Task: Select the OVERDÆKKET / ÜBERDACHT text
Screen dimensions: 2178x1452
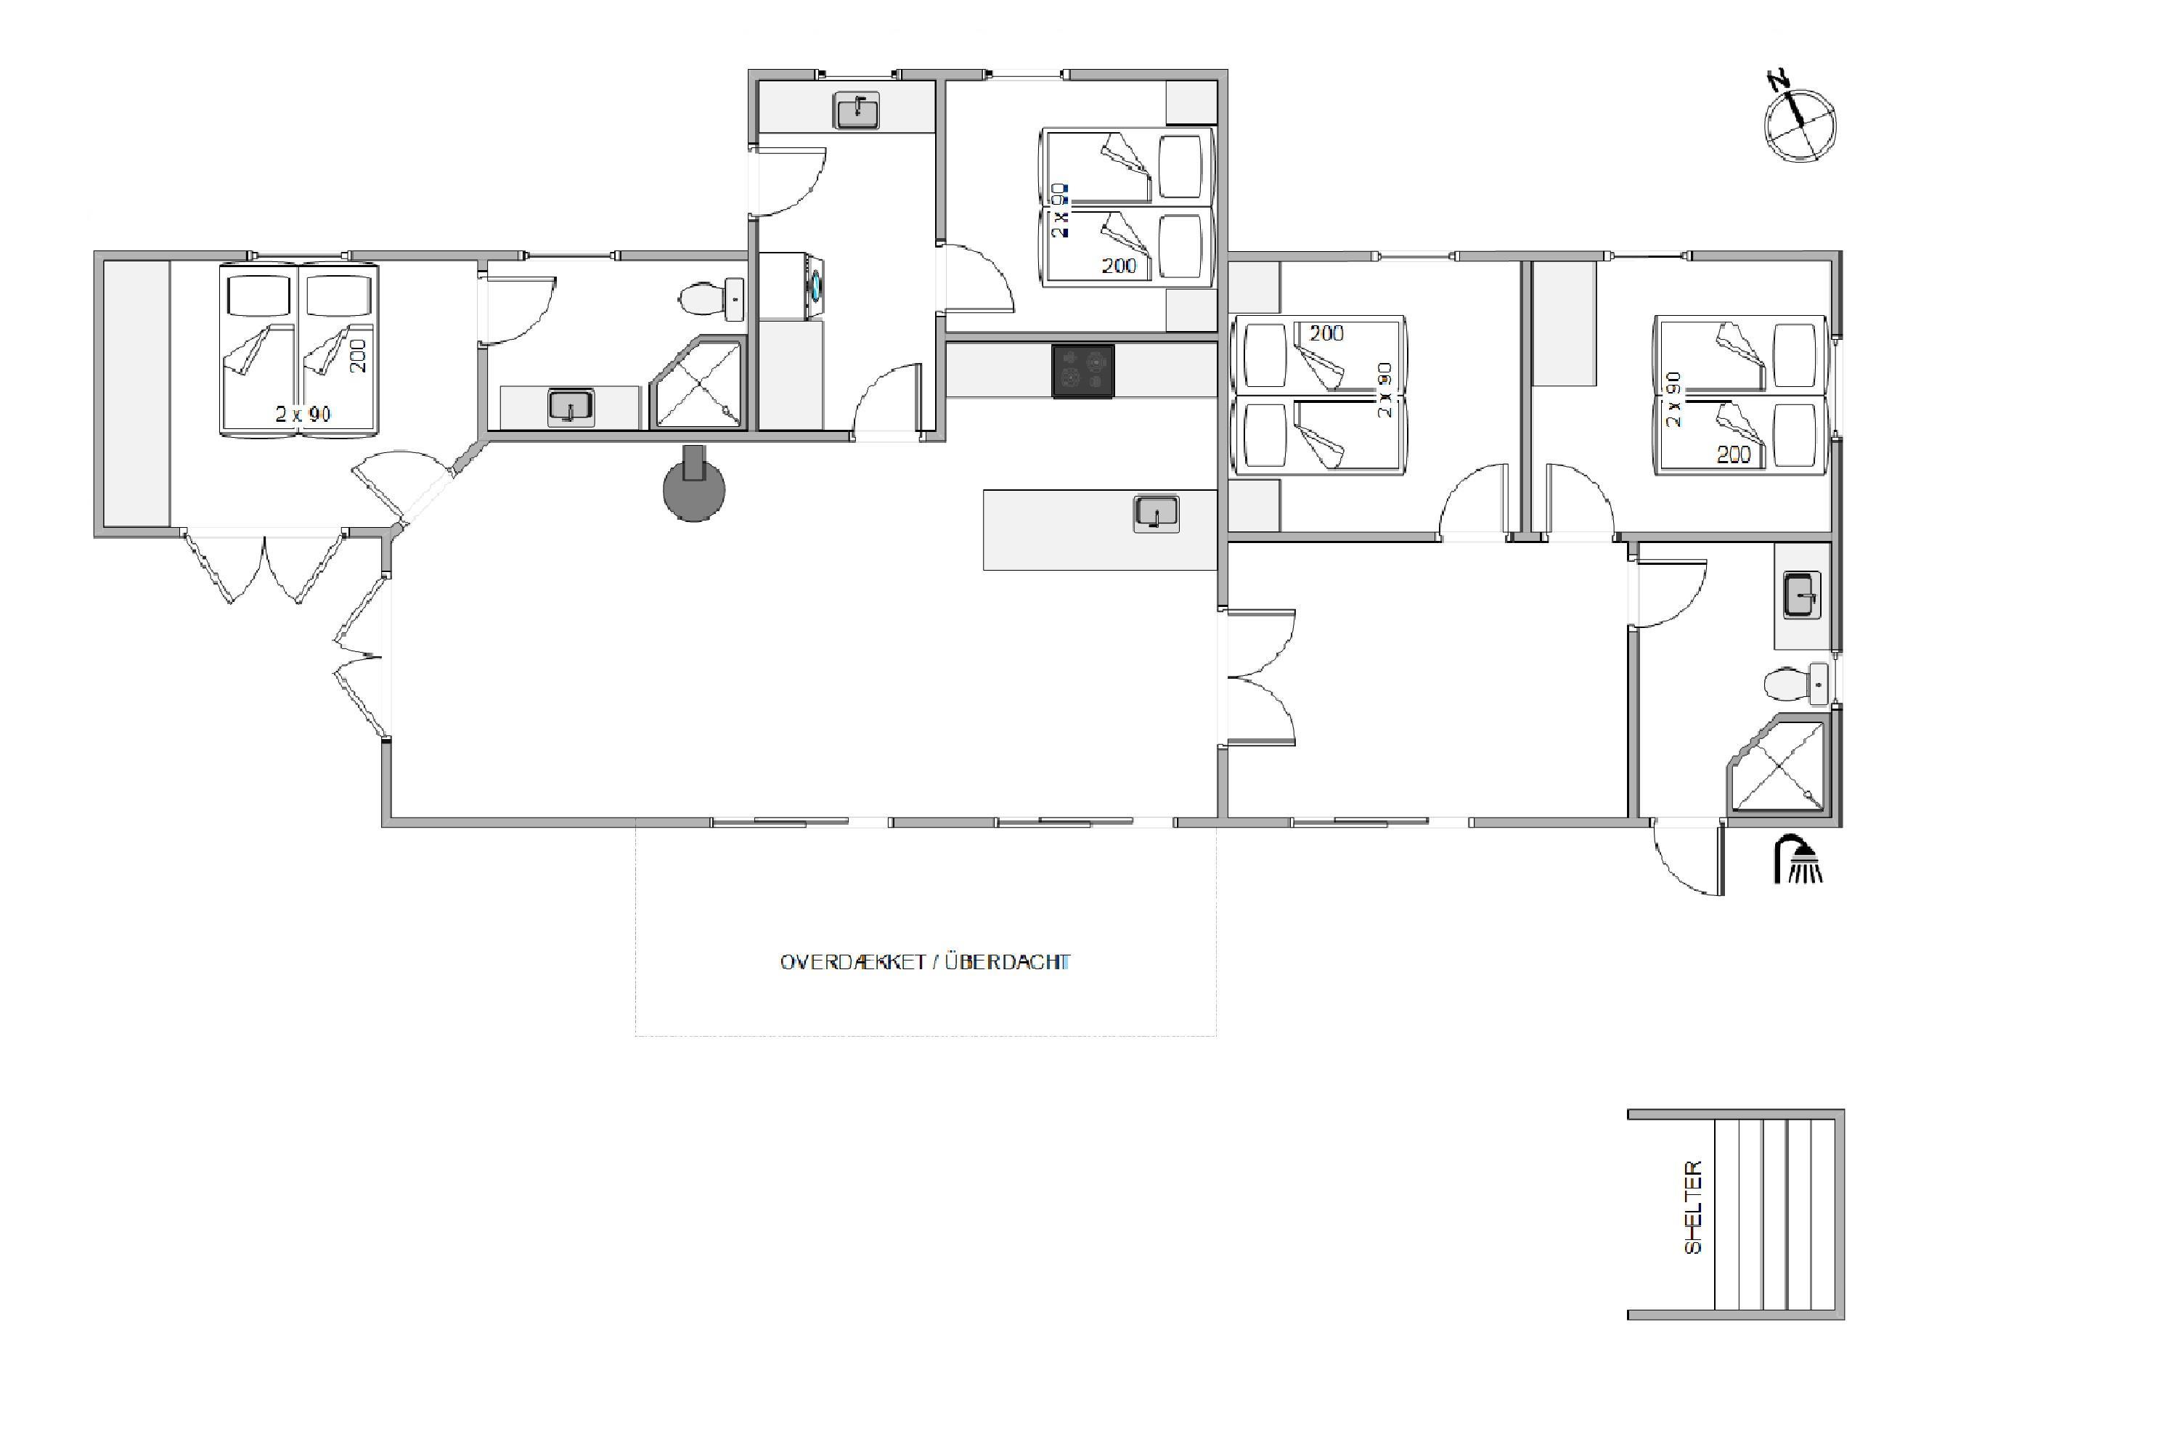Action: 925,962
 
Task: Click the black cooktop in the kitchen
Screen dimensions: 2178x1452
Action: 1082,371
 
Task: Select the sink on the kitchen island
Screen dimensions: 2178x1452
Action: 1156,514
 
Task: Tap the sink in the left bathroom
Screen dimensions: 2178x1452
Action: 571,407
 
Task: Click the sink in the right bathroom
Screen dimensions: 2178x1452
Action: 1802,595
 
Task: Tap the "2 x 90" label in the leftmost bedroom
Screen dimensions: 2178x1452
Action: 303,414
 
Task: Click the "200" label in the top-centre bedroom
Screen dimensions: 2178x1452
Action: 1119,266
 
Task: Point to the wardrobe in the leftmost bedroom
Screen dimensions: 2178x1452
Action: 136,393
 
